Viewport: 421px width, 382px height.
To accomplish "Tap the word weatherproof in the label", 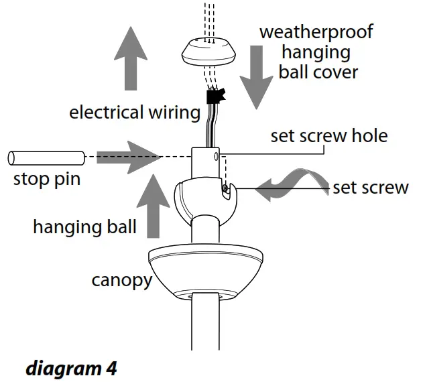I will (316, 31).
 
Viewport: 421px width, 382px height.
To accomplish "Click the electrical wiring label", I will (135, 112).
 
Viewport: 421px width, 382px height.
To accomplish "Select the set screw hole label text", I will (328, 136).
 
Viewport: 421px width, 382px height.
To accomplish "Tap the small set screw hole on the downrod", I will (215, 157).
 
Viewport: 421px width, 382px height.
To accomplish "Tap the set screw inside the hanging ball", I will (227, 191).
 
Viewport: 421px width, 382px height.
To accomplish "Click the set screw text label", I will (370, 187).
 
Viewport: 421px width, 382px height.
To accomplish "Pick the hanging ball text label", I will (84, 227).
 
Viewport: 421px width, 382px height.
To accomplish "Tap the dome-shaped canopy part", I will (206, 271).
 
